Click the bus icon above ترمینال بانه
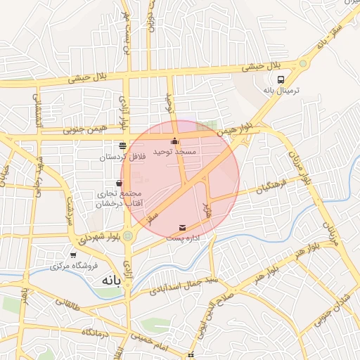point(281,79)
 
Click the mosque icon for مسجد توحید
point(175,141)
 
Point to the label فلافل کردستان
point(131,157)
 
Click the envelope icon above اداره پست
point(184,228)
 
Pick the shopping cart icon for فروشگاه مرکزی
point(73,255)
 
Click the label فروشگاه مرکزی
point(72,266)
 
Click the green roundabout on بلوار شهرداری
point(129,236)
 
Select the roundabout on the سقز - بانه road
point(303,63)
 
